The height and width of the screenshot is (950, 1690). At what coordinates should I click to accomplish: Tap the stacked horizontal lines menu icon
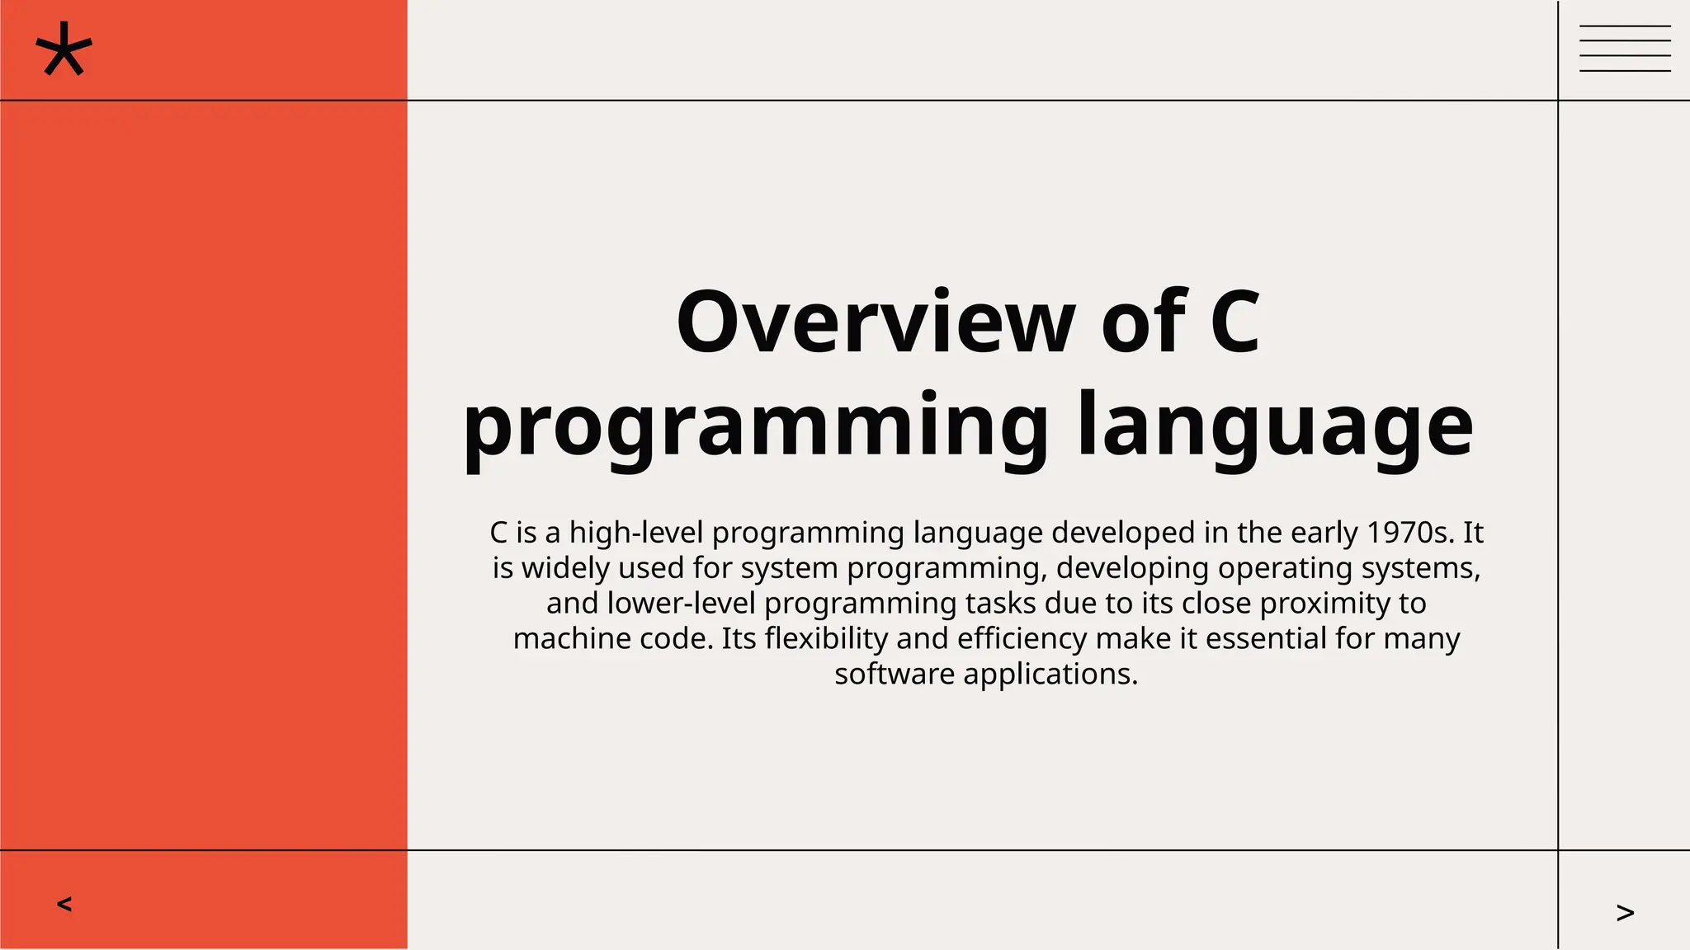[x=1625, y=49]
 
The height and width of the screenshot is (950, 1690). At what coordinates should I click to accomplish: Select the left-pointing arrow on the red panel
[x=64, y=904]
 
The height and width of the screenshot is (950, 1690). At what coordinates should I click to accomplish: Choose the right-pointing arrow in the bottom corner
[x=1625, y=912]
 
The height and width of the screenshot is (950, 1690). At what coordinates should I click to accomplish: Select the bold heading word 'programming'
[x=755, y=427]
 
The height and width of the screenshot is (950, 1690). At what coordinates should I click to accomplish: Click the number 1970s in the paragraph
[x=1410, y=533]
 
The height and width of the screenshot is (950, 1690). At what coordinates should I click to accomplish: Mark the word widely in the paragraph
[x=565, y=568]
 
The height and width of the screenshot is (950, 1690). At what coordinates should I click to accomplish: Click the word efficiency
[x=1022, y=639]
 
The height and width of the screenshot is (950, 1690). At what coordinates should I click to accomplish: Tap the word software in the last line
[x=895, y=675]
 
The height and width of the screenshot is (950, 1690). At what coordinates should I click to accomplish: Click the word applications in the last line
[x=1050, y=675]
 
